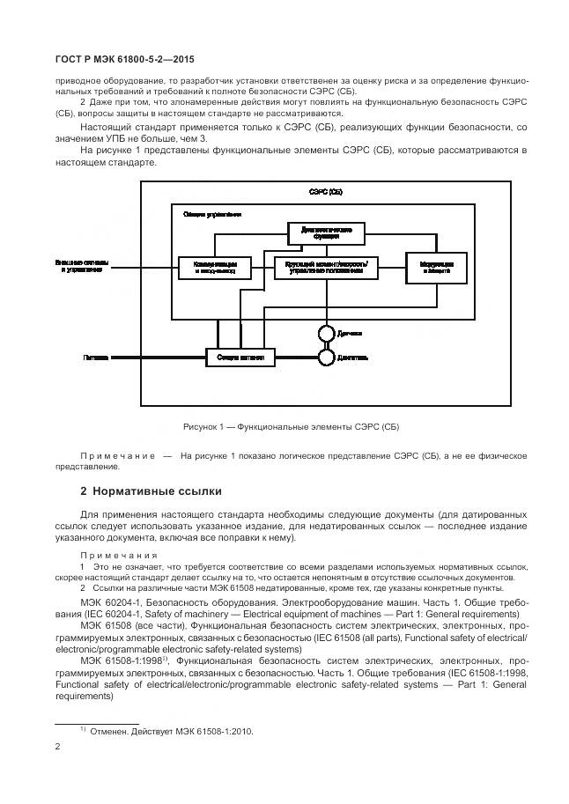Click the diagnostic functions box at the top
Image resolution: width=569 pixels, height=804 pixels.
(321, 231)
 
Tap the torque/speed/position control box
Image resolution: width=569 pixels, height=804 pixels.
(321, 267)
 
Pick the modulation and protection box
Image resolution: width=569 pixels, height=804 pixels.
(431, 267)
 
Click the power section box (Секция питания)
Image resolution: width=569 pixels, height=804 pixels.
(240, 358)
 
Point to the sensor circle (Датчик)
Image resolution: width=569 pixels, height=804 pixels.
(324, 334)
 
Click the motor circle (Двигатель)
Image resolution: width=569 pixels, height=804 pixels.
(324, 358)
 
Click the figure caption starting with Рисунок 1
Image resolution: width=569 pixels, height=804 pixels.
(291, 426)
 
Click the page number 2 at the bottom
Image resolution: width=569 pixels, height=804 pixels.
(58, 747)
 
